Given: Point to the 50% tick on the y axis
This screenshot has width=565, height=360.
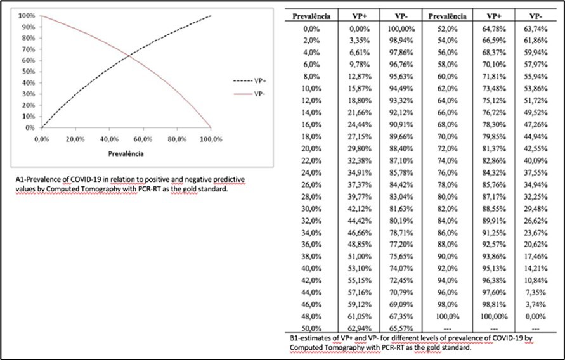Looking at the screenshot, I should click(x=27, y=71).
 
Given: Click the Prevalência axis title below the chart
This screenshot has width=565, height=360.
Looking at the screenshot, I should click(x=125, y=153).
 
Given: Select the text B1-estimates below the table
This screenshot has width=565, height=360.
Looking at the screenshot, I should click(x=310, y=340).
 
